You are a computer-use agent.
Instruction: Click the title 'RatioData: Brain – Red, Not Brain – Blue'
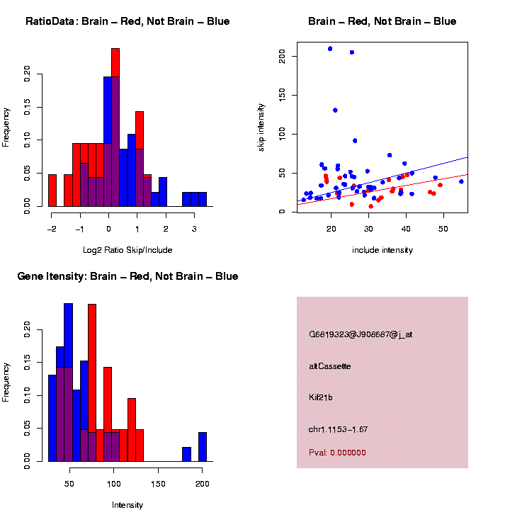click(x=127, y=21)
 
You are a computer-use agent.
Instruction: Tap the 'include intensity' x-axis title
click(x=382, y=250)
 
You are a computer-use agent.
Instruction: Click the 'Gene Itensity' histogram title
click(x=127, y=276)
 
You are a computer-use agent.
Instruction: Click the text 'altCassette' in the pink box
click(x=329, y=366)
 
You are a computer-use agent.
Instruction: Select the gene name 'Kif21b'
click(x=321, y=398)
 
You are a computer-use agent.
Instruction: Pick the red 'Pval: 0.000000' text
click(x=337, y=453)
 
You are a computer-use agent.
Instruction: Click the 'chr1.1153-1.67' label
click(x=338, y=429)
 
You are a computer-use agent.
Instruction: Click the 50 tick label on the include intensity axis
click(x=443, y=228)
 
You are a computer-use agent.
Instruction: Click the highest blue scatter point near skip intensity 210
click(x=330, y=49)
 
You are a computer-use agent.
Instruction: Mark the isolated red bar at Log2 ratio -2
click(x=52, y=191)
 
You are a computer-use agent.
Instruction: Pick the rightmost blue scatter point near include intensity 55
click(x=461, y=181)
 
